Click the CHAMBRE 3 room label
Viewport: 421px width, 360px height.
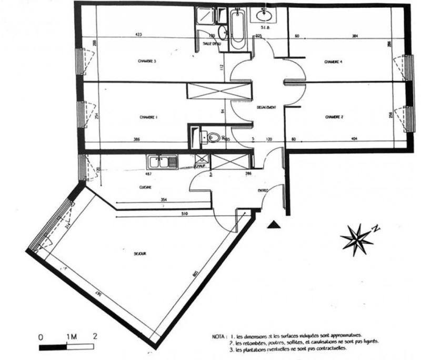coord(148,62)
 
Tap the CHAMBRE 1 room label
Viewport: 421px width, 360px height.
coord(149,117)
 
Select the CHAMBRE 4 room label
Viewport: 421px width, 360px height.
coord(333,62)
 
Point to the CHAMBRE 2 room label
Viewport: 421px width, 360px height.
coord(334,116)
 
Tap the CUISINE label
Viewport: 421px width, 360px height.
coord(146,187)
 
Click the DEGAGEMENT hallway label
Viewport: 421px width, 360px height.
coord(267,107)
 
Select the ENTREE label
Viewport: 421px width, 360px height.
coord(264,191)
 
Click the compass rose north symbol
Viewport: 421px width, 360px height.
coord(358,239)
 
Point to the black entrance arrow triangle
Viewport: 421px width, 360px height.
coord(273,225)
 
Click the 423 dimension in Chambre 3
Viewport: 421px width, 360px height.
coord(139,36)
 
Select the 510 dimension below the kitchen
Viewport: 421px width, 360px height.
coord(182,214)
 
